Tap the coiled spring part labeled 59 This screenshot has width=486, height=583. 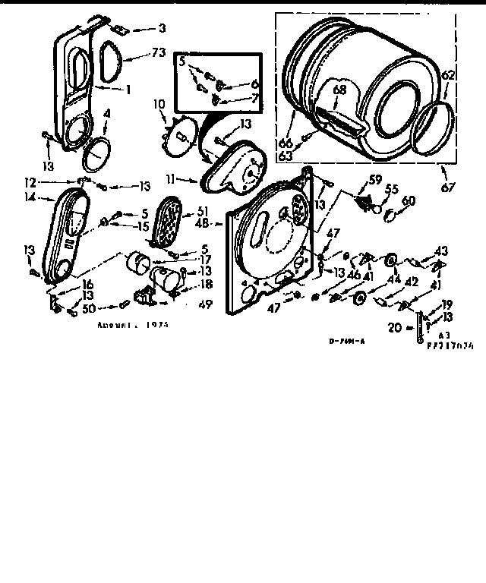(365, 200)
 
